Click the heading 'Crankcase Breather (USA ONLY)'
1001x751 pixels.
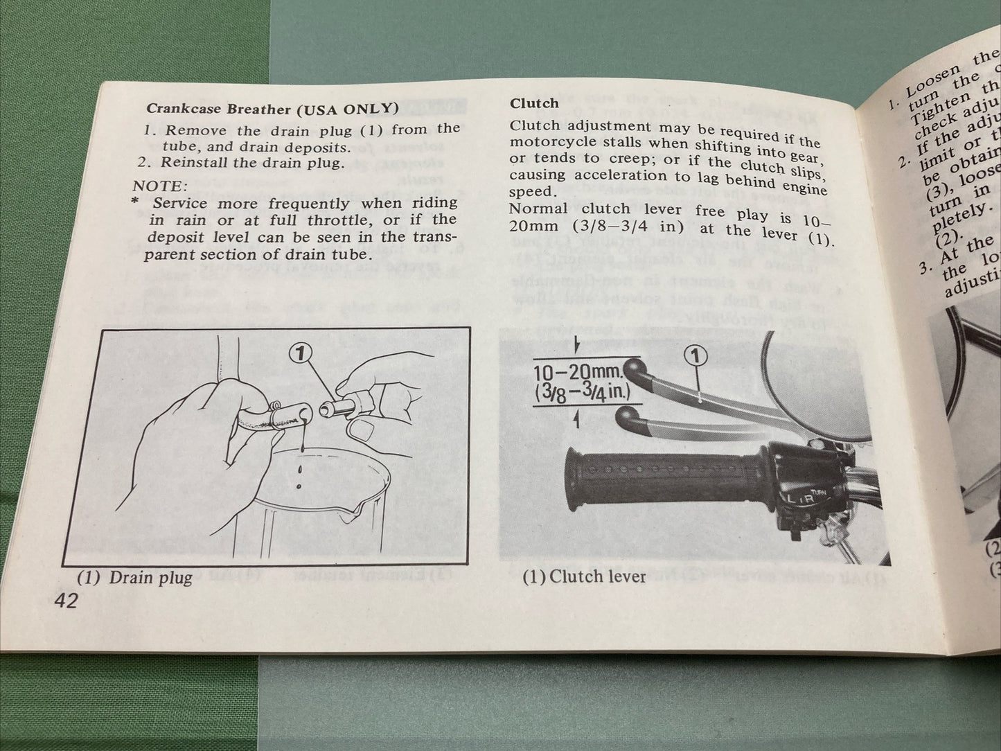[272, 109]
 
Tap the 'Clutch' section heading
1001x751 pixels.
[533, 103]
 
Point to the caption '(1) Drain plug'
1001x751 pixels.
[134, 577]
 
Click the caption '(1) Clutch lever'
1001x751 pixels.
[584, 576]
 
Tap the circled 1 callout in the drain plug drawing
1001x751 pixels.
[298, 354]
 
